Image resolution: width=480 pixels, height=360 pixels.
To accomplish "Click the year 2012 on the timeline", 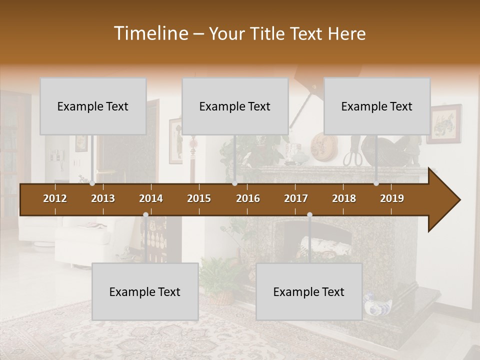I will tap(55, 198).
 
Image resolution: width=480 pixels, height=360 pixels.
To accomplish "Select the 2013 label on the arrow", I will tap(103, 198).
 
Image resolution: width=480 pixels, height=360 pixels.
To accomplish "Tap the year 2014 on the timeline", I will tap(151, 198).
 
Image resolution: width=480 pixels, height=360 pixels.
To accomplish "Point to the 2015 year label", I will tap(199, 198).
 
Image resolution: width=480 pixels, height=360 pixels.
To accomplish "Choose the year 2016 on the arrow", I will tap(248, 198).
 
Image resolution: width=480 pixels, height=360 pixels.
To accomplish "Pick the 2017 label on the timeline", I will tap(296, 198).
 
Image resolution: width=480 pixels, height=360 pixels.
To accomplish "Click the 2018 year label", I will tap(344, 198).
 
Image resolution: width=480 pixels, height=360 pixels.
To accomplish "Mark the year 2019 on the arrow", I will tap(392, 198).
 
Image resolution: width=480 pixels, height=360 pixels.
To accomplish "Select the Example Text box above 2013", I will tap(93, 106).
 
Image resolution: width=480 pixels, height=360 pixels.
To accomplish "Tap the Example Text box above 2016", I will tap(235, 106).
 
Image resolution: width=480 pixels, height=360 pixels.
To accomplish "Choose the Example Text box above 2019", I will tap(377, 106).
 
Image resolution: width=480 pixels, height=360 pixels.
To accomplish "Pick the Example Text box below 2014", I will tap(145, 291).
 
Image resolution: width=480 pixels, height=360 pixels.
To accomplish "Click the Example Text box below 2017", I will tap(309, 291).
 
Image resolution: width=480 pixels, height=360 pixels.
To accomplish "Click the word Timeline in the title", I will tap(150, 33).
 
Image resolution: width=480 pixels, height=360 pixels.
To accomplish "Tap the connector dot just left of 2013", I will tap(92, 183).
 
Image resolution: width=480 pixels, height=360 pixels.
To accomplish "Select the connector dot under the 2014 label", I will tap(145, 215).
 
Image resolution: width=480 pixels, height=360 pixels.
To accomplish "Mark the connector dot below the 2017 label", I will tap(309, 215).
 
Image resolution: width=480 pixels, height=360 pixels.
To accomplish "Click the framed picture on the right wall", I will tap(444, 123).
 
